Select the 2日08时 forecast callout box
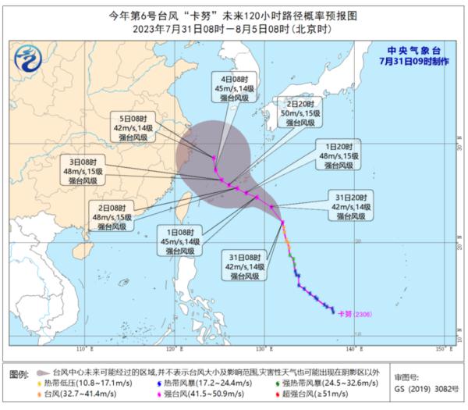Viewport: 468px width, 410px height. pyautogui.click(x=115, y=216)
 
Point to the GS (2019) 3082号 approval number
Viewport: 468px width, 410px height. pyautogui.click(x=422, y=387)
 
